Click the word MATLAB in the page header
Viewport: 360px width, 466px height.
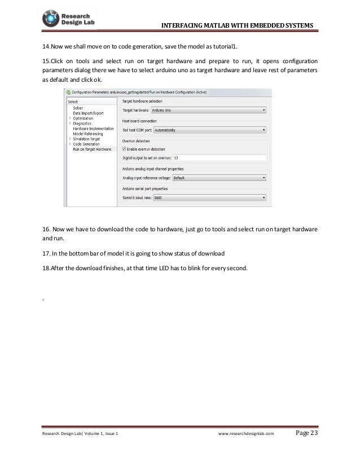208,24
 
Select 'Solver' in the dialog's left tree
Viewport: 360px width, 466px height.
78,107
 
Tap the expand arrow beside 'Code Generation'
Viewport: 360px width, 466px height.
69,144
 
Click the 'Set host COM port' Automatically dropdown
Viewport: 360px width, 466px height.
218,130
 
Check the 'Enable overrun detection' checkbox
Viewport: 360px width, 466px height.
125,148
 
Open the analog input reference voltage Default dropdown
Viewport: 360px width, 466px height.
219,177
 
